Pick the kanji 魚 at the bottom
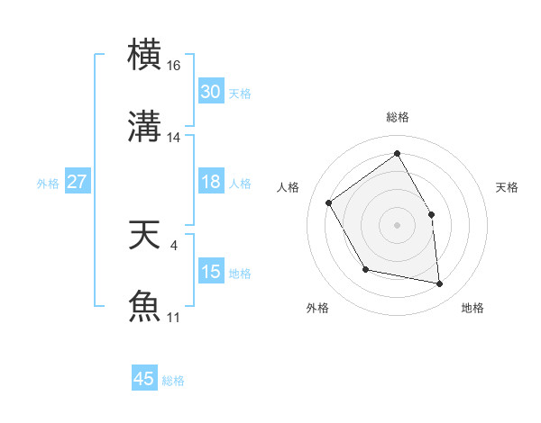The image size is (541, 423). click(x=146, y=305)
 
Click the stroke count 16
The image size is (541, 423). click(x=174, y=66)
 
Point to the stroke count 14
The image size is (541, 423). click(x=174, y=137)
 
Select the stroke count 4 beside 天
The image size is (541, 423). click(x=174, y=243)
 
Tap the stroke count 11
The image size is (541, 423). click(x=174, y=317)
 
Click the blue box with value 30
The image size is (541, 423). click(x=210, y=92)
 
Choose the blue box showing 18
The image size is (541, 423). click(x=210, y=182)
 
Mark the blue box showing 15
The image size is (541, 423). click(x=210, y=272)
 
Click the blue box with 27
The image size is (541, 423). click(x=77, y=182)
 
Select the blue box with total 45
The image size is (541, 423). click(x=144, y=379)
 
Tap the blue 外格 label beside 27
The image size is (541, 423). click(x=48, y=183)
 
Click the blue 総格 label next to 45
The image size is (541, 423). click(x=173, y=381)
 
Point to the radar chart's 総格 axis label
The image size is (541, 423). click(x=397, y=117)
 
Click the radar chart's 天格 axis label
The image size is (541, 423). click(x=507, y=187)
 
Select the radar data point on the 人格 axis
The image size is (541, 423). click(x=329, y=202)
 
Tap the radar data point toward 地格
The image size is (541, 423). click(x=439, y=283)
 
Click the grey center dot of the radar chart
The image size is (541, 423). click(x=397, y=224)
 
